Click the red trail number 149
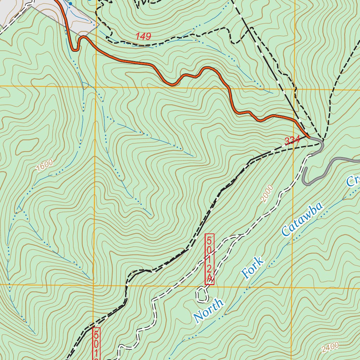tap(143, 36)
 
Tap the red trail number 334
tap(292, 141)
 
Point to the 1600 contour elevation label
tap(44, 165)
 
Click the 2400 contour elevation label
tap(330, 347)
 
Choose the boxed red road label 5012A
tap(210, 259)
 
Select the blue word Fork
tap(252, 268)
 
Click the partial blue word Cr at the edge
tap(353, 180)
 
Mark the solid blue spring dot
tap(70, 4)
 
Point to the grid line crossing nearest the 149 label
tap(96, 86)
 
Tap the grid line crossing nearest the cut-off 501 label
tap(94, 285)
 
